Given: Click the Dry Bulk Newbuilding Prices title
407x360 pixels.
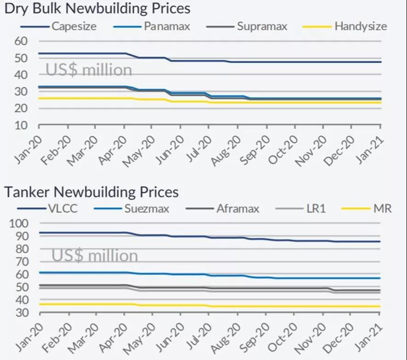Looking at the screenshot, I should [x=97, y=8].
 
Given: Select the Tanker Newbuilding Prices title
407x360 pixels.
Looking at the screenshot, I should [x=92, y=191].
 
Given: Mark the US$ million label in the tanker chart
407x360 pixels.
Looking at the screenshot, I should [x=94, y=255].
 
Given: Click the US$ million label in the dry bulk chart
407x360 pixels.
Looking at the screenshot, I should [x=88, y=70].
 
